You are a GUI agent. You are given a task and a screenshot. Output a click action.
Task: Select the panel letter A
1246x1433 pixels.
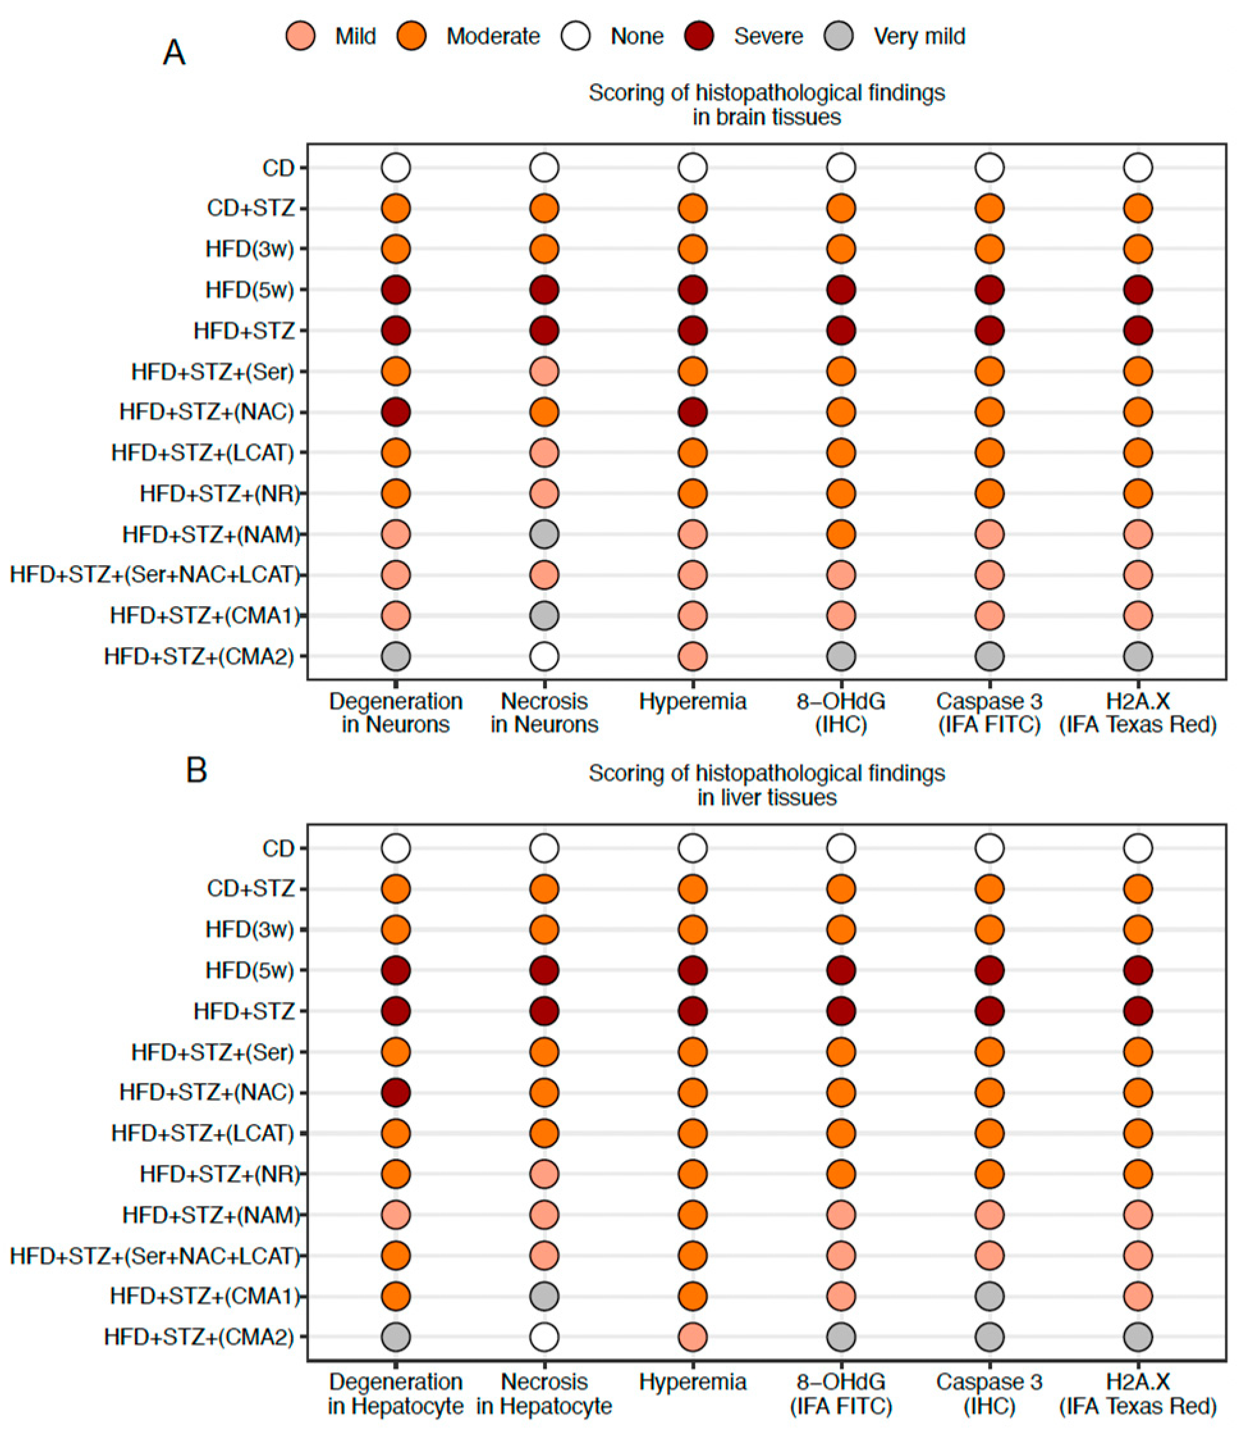coord(174,53)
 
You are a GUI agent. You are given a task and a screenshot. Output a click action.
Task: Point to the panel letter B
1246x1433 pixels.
coord(196,771)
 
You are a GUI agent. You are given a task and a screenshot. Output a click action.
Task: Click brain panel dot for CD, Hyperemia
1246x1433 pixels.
coord(693,168)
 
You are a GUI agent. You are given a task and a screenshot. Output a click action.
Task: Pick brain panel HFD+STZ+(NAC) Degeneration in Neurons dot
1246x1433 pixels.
coord(396,412)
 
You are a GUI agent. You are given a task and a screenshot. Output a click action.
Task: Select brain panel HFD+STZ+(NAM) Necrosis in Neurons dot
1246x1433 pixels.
coord(544,534)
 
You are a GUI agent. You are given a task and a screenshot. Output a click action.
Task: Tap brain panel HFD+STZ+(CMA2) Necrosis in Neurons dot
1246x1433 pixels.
coord(544,656)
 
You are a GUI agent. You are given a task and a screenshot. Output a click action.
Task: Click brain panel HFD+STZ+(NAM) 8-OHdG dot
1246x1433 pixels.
coord(840,534)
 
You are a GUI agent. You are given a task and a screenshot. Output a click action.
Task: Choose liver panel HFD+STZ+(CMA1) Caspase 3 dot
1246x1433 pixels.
coord(990,1296)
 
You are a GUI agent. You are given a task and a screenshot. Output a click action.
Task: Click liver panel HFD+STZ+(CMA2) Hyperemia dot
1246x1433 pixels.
coord(693,1337)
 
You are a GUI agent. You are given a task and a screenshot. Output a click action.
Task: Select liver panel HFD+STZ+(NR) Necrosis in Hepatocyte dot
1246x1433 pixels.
coord(544,1174)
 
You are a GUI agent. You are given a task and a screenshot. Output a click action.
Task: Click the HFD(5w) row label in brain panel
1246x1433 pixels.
coord(249,289)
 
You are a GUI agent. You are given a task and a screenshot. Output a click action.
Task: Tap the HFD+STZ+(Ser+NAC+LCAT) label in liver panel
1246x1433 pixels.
coord(154,1256)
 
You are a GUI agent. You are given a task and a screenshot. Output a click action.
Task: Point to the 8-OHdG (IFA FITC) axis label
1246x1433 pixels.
coord(840,1393)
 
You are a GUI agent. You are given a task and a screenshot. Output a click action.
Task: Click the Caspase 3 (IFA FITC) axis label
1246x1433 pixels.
coord(990,713)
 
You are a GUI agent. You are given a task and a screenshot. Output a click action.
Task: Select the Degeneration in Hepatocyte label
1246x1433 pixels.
coord(396,1393)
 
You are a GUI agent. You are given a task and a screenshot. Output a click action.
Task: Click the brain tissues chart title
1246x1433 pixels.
coord(766,105)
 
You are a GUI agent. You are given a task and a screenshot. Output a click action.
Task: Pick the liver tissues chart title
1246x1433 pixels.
coord(766,785)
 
